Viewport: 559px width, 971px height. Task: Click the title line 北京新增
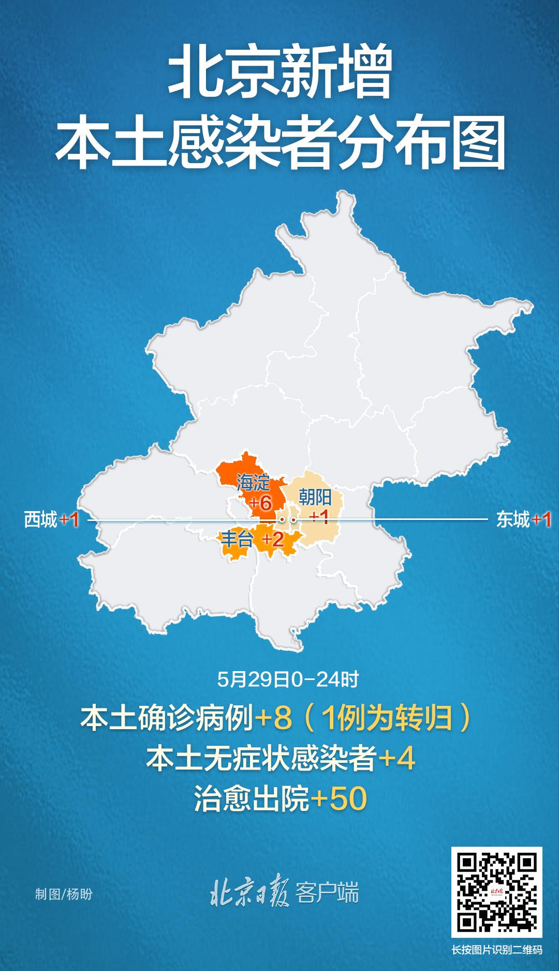pyautogui.click(x=279, y=78)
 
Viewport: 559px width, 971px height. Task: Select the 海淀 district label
pyautogui.click(x=253, y=483)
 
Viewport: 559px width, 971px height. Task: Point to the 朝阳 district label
pyautogui.click(x=315, y=498)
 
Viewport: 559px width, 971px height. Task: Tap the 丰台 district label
pyautogui.click(x=237, y=540)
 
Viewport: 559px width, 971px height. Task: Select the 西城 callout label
pyautogui.click(x=40, y=520)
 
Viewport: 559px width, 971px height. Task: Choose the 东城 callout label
pyautogui.click(x=513, y=520)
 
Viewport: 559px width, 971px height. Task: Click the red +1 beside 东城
pyautogui.click(x=541, y=520)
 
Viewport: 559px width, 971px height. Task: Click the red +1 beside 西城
pyautogui.click(x=69, y=520)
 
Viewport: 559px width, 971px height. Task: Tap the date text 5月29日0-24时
pyautogui.click(x=288, y=679)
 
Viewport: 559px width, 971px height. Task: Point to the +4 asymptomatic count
pyautogui.click(x=397, y=759)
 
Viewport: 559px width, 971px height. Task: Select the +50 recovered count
pyautogui.click(x=339, y=799)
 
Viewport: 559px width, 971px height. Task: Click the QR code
pyautogui.click(x=496, y=892)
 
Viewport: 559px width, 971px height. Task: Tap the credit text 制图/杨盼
pyautogui.click(x=64, y=894)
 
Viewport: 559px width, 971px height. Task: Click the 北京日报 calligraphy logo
pyautogui.click(x=249, y=893)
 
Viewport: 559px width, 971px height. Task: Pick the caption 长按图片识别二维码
pyautogui.click(x=496, y=950)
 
